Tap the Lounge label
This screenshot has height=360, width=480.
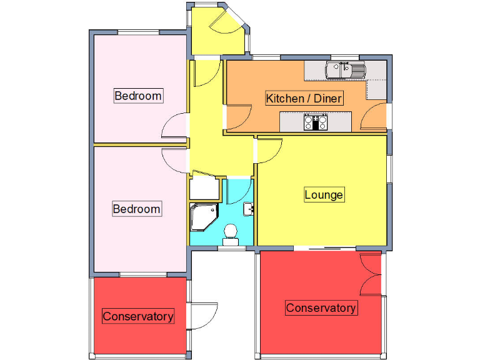point(324,194)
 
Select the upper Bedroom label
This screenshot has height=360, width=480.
point(138,96)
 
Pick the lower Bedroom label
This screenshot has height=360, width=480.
point(136,209)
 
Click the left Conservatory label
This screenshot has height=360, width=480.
point(137,316)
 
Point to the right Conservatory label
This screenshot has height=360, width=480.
point(321,307)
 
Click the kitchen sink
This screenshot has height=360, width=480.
point(344,70)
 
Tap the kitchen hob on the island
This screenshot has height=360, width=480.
point(316,122)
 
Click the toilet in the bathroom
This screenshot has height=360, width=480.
point(231,232)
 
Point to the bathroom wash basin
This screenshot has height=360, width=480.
point(247,208)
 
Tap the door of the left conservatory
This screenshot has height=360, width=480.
point(202,316)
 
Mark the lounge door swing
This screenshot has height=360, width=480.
point(269,151)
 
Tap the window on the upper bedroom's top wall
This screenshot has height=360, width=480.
point(139,32)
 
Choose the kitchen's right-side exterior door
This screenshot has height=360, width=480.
point(376,116)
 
